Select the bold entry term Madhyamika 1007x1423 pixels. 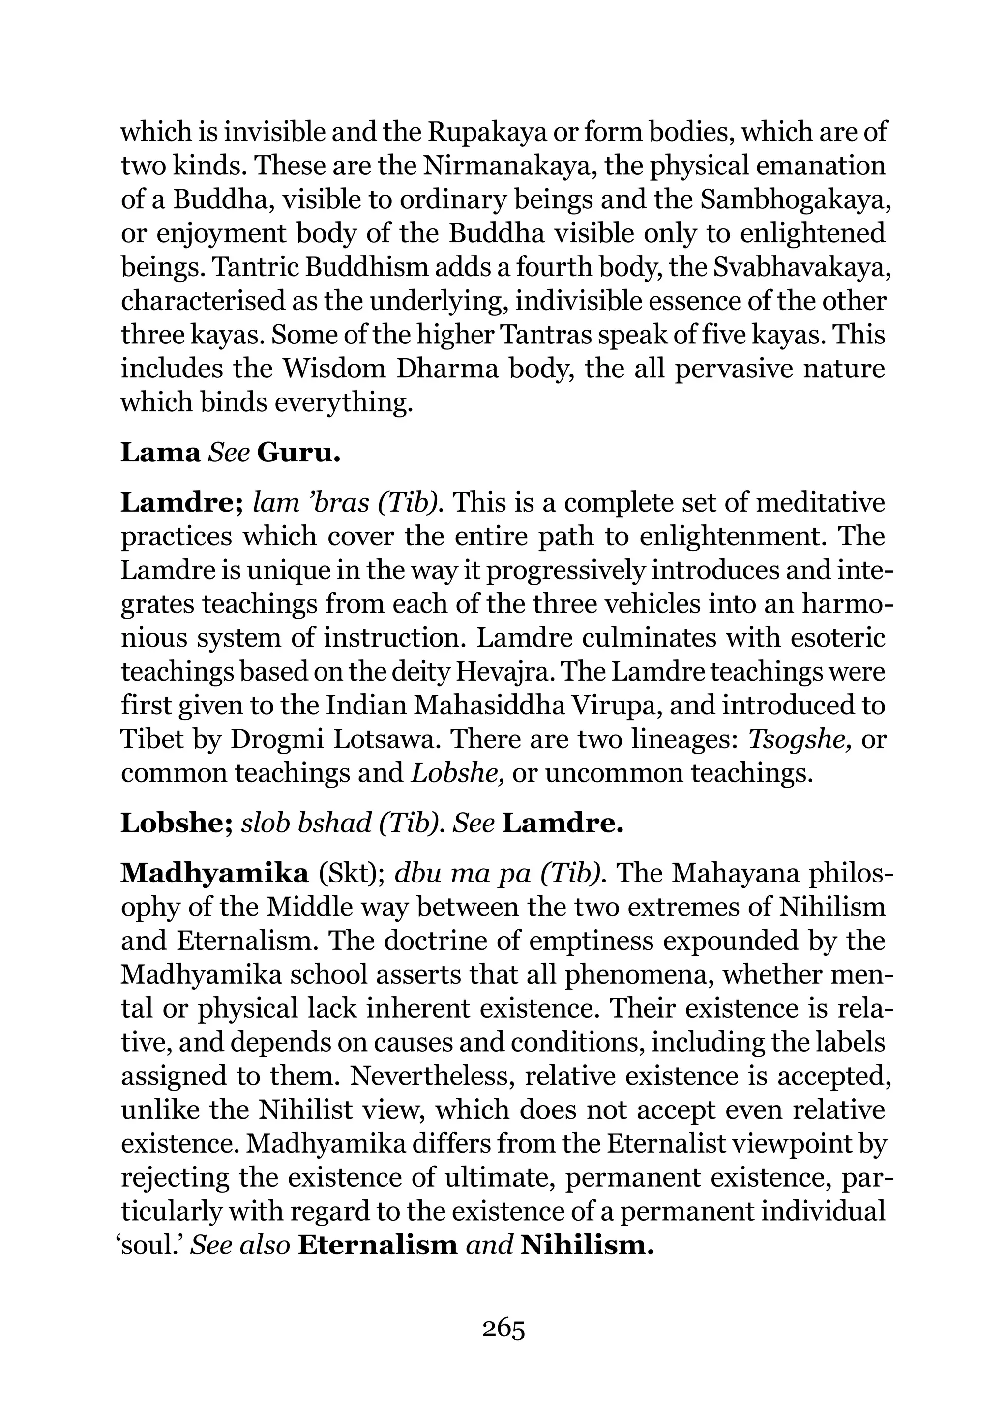[214, 873]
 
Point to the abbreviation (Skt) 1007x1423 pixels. [353, 873]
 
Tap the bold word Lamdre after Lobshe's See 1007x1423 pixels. [562, 823]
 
